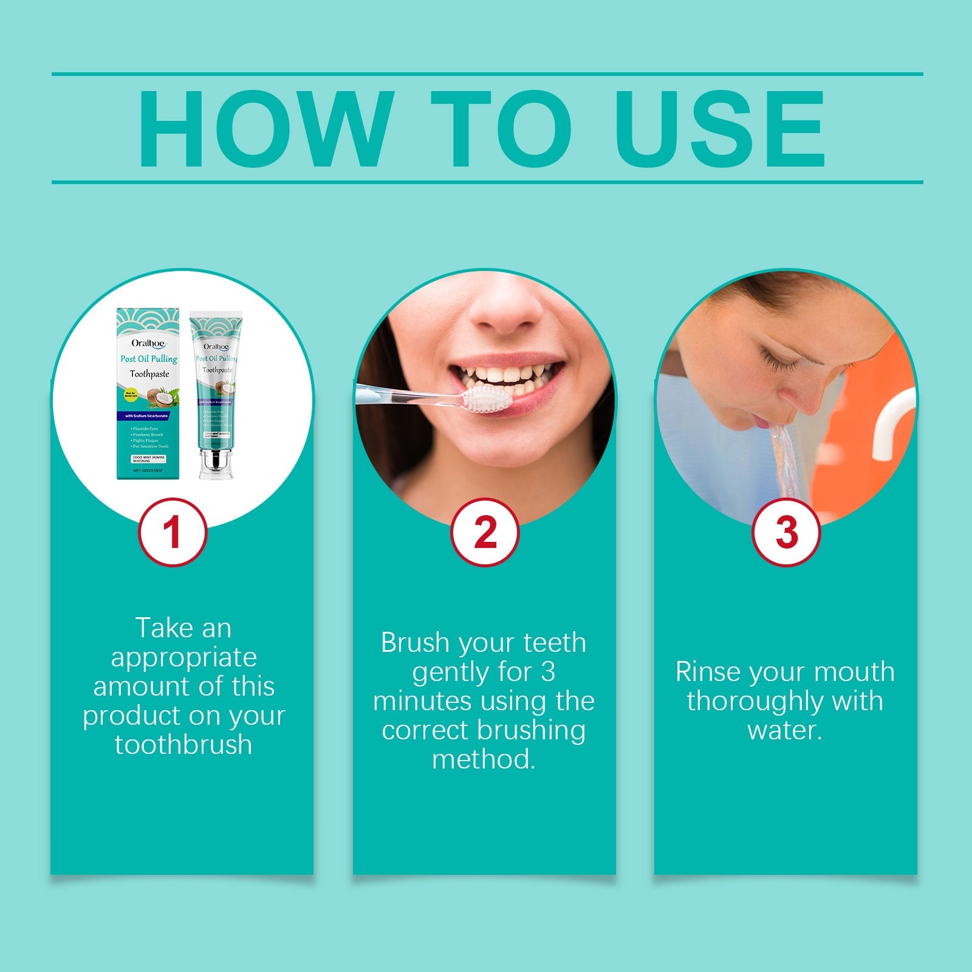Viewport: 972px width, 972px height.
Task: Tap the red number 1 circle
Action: [173, 533]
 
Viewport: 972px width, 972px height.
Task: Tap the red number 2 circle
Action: [484, 533]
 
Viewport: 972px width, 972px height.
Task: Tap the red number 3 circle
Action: [786, 533]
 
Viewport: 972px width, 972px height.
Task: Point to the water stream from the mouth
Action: [786, 462]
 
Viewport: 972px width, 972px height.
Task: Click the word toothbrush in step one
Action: [183, 745]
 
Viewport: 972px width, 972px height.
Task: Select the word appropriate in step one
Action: [183, 658]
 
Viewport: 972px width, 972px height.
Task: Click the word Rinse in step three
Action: [708, 672]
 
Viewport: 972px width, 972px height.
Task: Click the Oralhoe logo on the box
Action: [148, 343]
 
